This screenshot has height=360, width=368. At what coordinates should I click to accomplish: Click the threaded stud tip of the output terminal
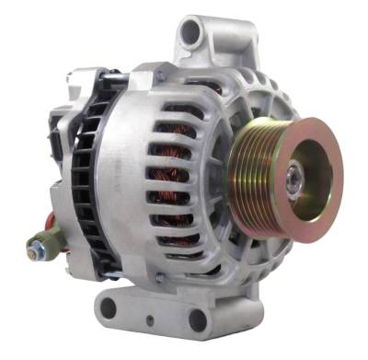pos(31,249)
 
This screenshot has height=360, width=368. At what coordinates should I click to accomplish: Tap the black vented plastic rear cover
pos(87,175)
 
